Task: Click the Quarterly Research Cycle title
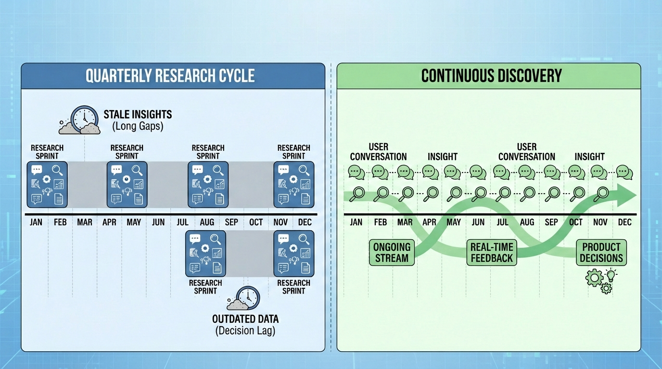[170, 76]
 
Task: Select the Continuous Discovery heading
[491, 76]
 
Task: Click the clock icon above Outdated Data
[247, 298]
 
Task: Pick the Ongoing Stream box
[391, 253]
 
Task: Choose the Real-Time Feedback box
[492, 253]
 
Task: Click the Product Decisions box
[601, 253]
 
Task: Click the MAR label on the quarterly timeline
[85, 222]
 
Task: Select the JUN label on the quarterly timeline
[158, 222]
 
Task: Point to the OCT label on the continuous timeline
[576, 222]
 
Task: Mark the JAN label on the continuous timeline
[356, 222]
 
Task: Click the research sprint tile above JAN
[47, 184]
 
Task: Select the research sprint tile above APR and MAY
[127, 184]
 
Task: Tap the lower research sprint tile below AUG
[206, 254]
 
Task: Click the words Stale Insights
[138, 115]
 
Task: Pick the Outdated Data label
[245, 319]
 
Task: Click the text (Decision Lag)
[245, 331]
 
